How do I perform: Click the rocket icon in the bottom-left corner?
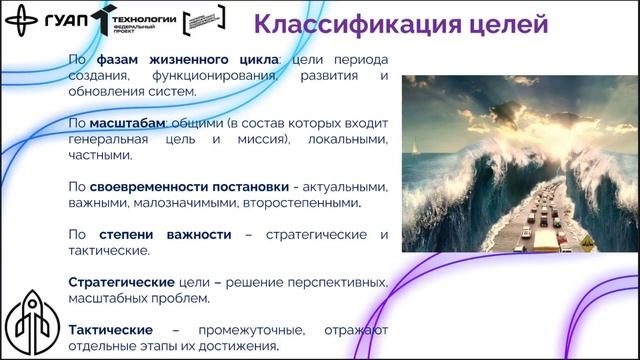(27, 317)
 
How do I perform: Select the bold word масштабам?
(126, 123)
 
